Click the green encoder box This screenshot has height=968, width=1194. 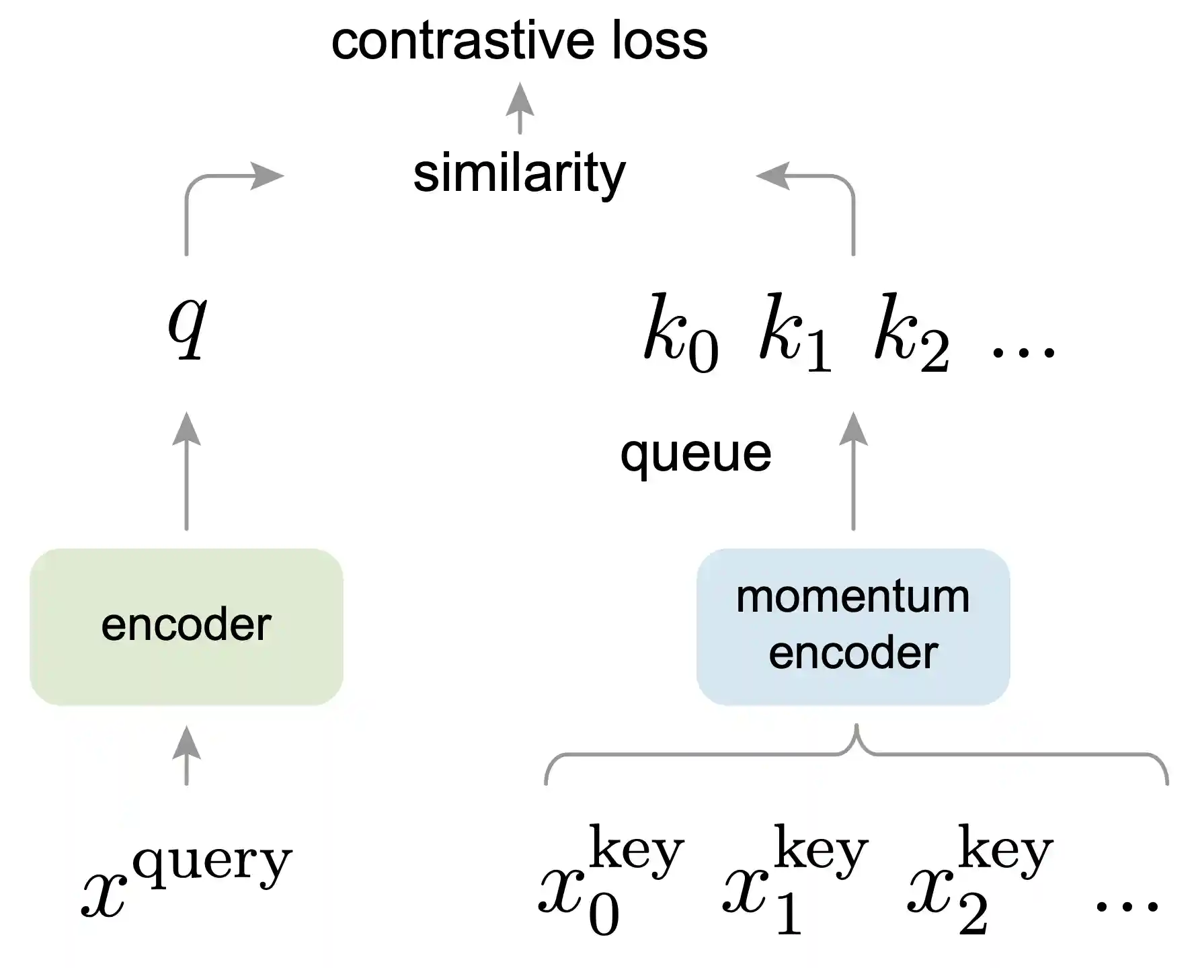[186, 627]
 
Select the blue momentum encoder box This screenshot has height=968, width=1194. [852, 627]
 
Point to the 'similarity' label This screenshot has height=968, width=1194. [519, 173]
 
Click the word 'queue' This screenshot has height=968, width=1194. [695, 454]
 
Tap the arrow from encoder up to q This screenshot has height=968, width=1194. [186, 471]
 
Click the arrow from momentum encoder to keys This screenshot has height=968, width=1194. [853, 471]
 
